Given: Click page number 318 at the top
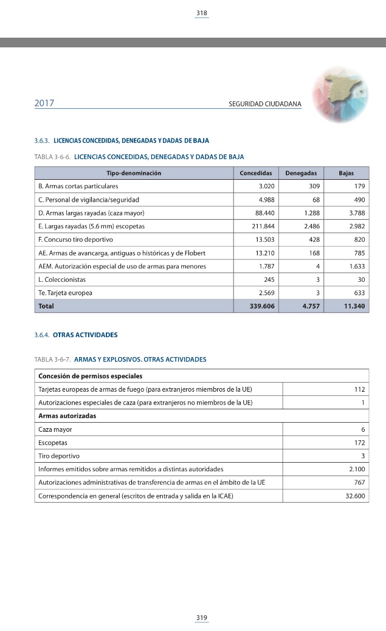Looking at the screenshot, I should click(x=202, y=13).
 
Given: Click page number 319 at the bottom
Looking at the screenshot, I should click(x=202, y=618).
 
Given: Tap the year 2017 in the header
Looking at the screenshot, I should click(x=44, y=103).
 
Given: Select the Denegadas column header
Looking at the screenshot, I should click(x=301, y=173).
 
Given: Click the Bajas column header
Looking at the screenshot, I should click(x=346, y=173).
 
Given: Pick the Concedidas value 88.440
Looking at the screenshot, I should click(x=264, y=213).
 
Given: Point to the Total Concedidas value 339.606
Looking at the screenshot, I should click(x=263, y=306).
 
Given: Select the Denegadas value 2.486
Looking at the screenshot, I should click(x=312, y=226).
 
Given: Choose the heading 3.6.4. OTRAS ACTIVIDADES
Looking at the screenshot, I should click(x=76, y=335).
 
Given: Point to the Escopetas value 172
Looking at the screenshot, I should click(x=358, y=443).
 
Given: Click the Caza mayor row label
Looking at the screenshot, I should click(x=55, y=429).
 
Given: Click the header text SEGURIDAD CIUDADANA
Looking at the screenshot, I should click(x=264, y=104).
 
